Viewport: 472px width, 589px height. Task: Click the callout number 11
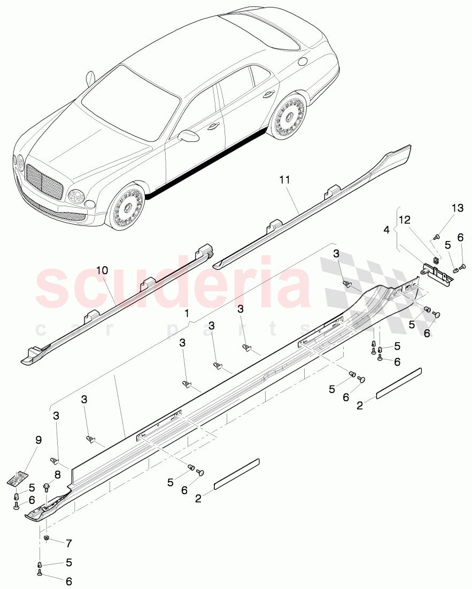coord(284,180)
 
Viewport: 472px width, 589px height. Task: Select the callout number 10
coord(102,270)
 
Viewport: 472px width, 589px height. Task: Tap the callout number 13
coord(458,208)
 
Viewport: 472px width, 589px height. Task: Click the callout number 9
coord(38,440)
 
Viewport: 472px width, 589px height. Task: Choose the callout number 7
coord(68,543)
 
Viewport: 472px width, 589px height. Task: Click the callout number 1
coord(187,313)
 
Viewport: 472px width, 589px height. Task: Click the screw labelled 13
coord(437,236)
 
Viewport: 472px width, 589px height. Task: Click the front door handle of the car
coord(214,126)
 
